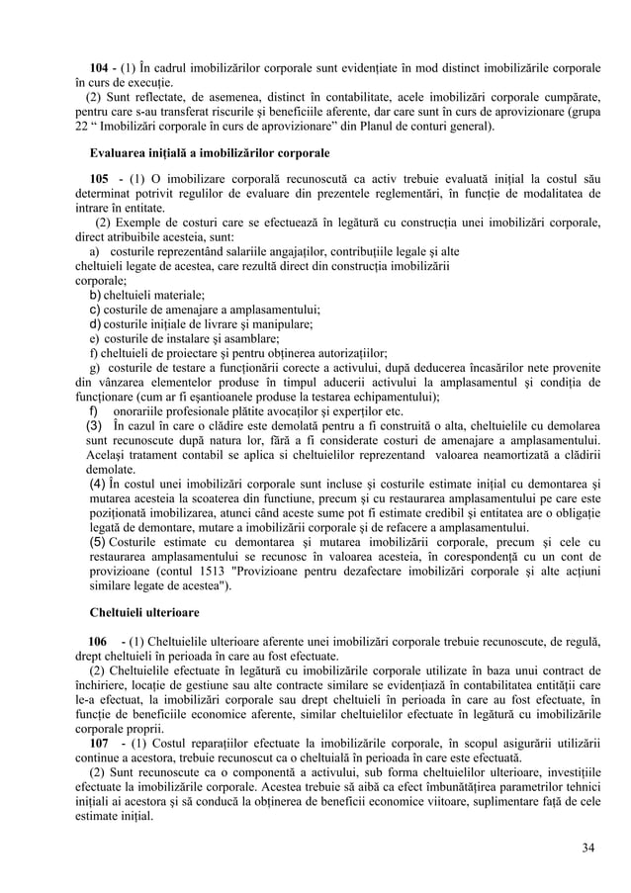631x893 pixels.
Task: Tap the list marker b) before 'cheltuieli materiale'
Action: click(x=96, y=295)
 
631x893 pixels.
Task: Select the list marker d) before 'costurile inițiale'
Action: click(x=96, y=323)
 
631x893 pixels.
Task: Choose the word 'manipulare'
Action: click(x=281, y=323)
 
